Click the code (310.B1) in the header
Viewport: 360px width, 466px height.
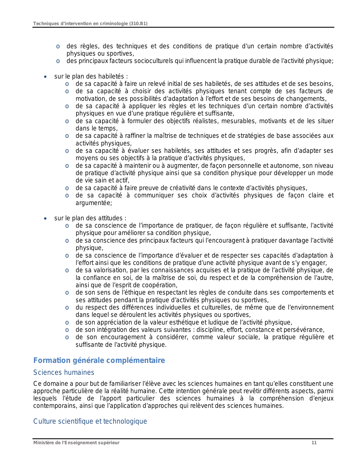[138, 24]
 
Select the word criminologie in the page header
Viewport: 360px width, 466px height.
[114, 24]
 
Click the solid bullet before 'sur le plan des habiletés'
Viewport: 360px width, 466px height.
[45, 77]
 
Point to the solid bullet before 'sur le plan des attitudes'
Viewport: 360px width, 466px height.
[45, 219]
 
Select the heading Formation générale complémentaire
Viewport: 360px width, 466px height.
[99, 361]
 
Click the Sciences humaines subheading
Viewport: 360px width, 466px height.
[64, 373]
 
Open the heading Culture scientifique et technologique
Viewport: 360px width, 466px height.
[90, 421]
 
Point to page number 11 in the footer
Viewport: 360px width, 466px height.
[314, 443]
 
